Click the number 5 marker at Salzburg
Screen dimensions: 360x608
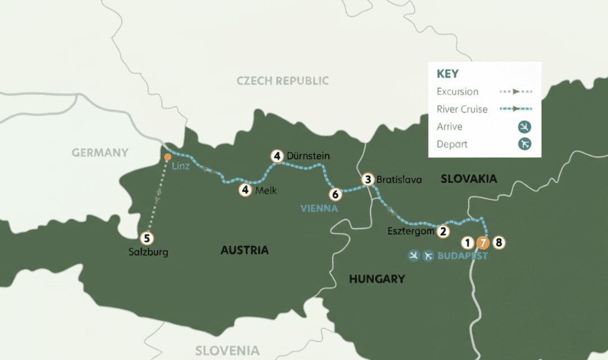click(x=147, y=238)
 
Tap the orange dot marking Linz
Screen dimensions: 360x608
click(x=167, y=157)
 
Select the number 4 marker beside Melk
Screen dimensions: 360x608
click(x=245, y=190)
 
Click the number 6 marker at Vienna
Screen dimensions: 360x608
click(x=336, y=194)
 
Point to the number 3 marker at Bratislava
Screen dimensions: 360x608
click(x=368, y=180)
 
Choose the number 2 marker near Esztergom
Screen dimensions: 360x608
click(x=443, y=231)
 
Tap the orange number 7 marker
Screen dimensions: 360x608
click(x=482, y=243)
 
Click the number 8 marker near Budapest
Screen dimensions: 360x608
click(x=499, y=243)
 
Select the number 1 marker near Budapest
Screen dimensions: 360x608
click(x=467, y=243)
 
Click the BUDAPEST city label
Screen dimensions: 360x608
click(x=463, y=256)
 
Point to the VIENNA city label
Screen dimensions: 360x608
click(x=319, y=209)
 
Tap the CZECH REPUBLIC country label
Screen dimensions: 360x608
click(x=283, y=81)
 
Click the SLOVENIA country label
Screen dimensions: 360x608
click(x=227, y=350)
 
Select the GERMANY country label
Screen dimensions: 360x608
click(x=100, y=153)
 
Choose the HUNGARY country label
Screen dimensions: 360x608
click(x=377, y=278)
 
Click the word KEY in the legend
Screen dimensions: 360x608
click(x=448, y=74)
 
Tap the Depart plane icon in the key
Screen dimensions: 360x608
click(x=525, y=144)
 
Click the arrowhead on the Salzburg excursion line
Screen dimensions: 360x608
click(x=158, y=200)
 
